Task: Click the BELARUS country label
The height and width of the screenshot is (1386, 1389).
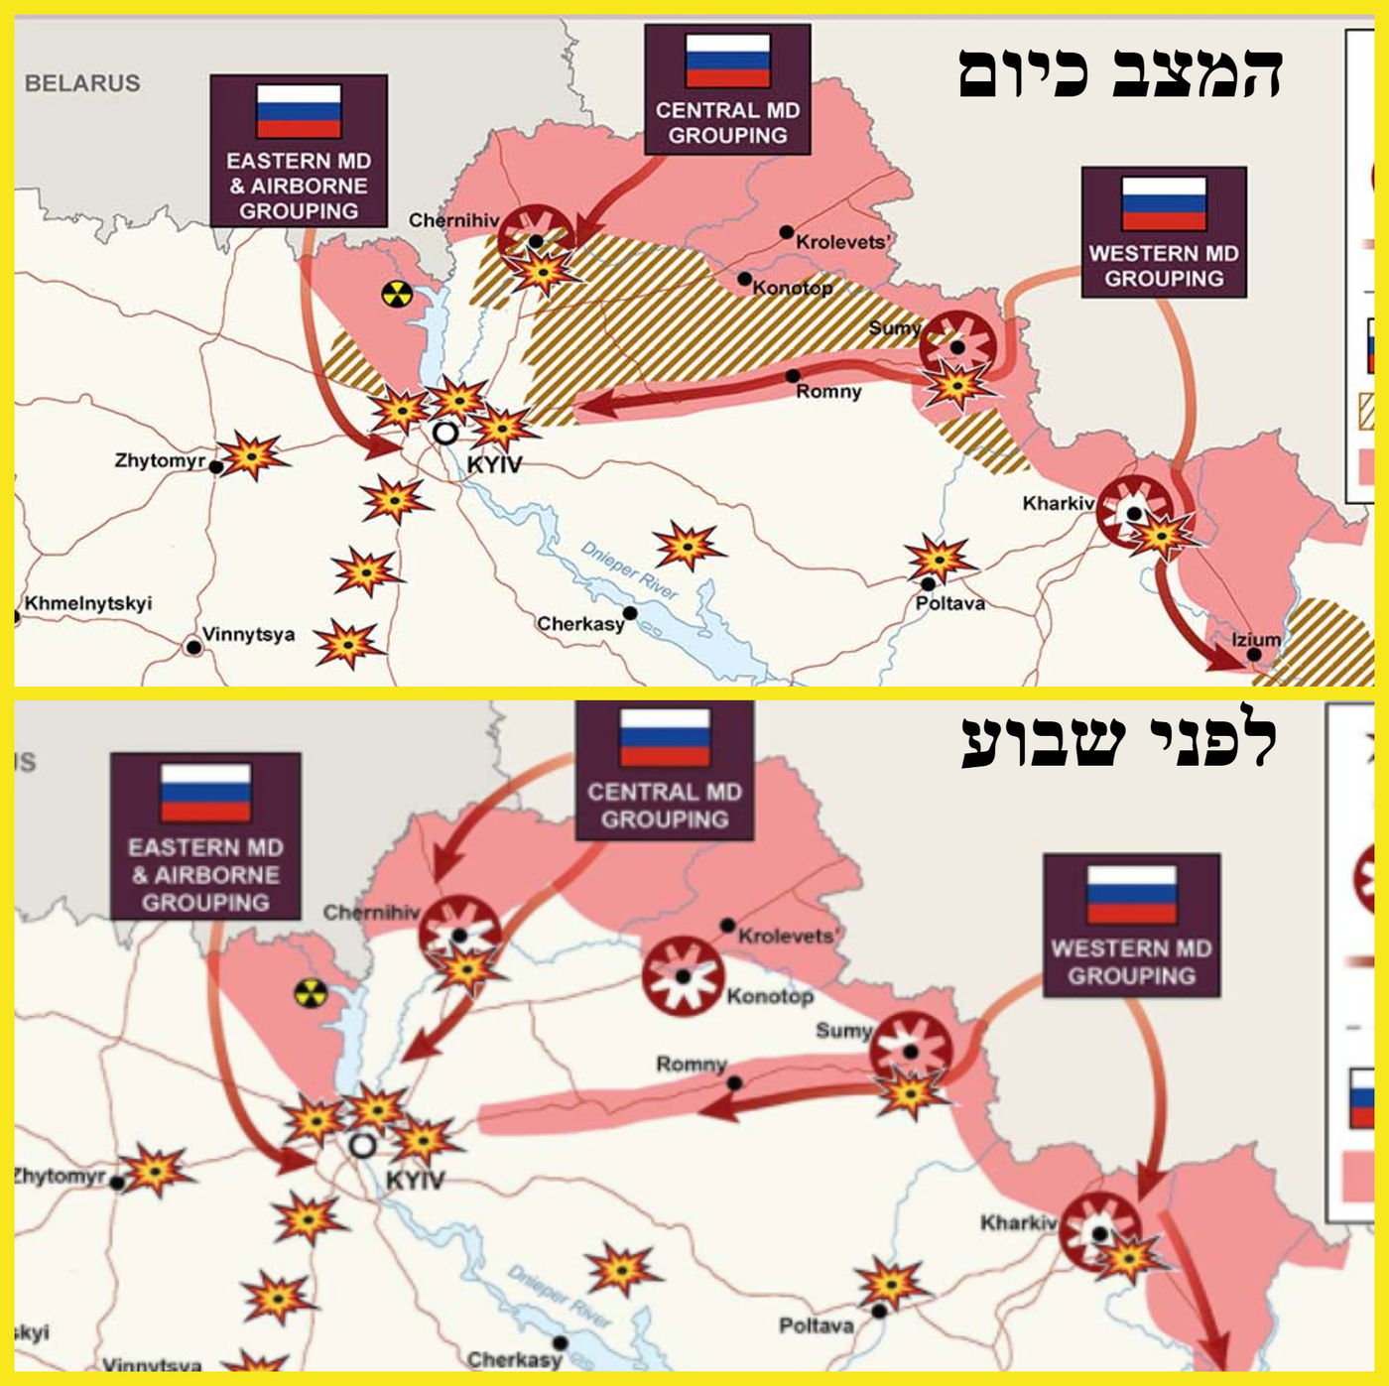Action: pyautogui.click(x=82, y=83)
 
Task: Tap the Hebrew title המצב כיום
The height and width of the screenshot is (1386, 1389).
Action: pyautogui.click(x=1120, y=73)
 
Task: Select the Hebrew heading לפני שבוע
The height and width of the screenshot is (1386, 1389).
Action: pyautogui.click(x=1120, y=742)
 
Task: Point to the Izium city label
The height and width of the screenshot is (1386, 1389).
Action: pyautogui.click(x=1256, y=640)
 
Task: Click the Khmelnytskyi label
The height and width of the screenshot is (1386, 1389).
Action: pyautogui.click(x=88, y=603)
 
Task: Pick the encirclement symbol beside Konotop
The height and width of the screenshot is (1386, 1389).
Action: pyautogui.click(x=682, y=974)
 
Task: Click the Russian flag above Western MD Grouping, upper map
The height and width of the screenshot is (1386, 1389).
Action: pyautogui.click(x=1164, y=202)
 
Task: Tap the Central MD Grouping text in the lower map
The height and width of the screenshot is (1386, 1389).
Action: pyautogui.click(x=664, y=806)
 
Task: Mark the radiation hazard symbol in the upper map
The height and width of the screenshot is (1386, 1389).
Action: pyautogui.click(x=396, y=294)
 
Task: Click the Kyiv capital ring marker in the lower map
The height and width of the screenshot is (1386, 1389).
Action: pyautogui.click(x=363, y=1146)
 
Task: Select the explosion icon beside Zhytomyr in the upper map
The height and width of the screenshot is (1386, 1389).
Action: pyautogui.click(x=251, y=456)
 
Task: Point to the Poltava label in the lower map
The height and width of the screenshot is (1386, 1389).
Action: pyautogui.click(x=816, y=1325)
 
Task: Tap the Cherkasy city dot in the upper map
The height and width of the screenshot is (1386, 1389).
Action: pyautogui.click(x=630, y=613)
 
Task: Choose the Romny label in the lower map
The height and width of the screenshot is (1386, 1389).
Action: pyautogui.click(x=691, y=1064)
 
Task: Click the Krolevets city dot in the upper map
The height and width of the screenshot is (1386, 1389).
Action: pyautogui.click(x=786, y=232)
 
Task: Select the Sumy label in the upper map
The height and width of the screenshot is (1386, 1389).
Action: pyautogui.click(x=894, y=328)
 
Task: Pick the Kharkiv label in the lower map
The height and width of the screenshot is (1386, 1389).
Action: pyautogui.click(x=1018, y=1222)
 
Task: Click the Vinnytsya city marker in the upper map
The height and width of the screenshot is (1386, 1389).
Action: pyautogui.click(x=194, y=647)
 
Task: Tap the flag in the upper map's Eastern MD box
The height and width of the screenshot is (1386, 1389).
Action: pyautogui.click(x=299, y=110)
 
